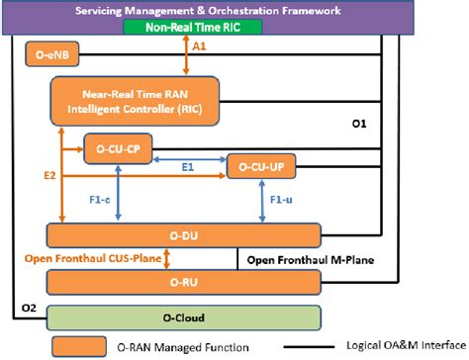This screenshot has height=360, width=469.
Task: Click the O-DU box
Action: pos(184,235)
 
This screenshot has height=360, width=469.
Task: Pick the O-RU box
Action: pos(184,283)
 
